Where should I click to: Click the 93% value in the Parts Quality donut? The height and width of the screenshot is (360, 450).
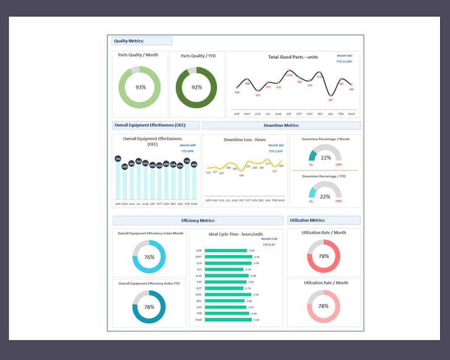pyautogui.click(x=141, y=87)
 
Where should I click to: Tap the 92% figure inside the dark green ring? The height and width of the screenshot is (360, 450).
pyautogui.click(x=197, y=87)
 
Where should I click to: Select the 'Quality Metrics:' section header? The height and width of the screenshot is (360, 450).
pyautogui.click(x=129, y=41)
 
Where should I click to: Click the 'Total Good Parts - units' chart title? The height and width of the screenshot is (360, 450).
pyautogui.click(x=292, y=57)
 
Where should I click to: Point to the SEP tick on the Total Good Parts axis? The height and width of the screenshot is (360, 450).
pyautogui.click(x=288, y=113)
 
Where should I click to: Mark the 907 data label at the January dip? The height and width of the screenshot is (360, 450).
pyautogui.click(x=330, y=100)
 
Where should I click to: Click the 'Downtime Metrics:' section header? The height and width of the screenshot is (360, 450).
pyautogui.click(x=281, y=125)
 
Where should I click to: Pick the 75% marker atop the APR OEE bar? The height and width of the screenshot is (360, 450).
pyautogui.click(x=118, y=159)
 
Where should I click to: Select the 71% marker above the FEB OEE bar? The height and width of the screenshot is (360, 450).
pyautogui.click(x=187, y=161)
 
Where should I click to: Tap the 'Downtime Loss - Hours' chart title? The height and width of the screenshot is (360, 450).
pyautogui.click(x=245, y=139)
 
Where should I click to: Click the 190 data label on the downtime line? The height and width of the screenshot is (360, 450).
pyautogui.click(x=241, y=175)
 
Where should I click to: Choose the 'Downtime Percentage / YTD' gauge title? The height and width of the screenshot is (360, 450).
pyautogui.click(x=325, y=176)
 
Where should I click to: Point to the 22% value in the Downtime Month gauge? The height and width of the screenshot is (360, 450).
pyautogui.click(x=326, y=158)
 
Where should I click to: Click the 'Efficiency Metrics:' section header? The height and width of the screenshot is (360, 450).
pyautogui.click(x=198, y=221)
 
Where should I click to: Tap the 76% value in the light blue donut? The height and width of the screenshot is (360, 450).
pyautogui.click(x=149, y=257)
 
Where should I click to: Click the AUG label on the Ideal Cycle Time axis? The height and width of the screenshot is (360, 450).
pyautogui.click(x=198, y=276)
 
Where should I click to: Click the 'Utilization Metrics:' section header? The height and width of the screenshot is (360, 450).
pyautogui.click(x=307, y=220)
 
